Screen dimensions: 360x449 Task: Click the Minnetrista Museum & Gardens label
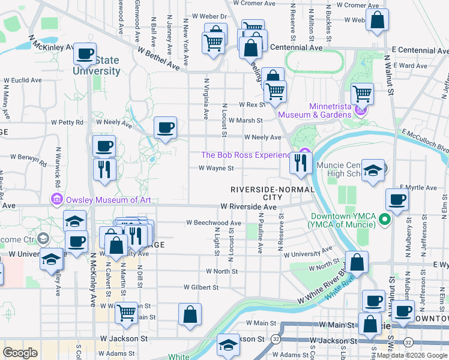point(330,110)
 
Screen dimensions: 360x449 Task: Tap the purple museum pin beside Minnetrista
point(360,110)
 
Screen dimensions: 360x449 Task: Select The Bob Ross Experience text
point(246,155)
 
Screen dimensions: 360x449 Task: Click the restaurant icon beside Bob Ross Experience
point(301,162)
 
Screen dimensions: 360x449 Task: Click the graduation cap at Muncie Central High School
point(373,170)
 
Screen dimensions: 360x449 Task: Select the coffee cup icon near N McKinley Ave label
point(85,53)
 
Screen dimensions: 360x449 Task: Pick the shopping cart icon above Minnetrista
point(362,93)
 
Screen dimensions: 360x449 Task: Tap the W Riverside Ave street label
point(248,206)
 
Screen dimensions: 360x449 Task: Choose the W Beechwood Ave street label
point(213,223)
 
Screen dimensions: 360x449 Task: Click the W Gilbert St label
point(202,287)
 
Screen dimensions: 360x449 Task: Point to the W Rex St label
point(252,104)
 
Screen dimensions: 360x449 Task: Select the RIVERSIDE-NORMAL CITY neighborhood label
point(256,193)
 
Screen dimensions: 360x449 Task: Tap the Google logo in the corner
point(20,353)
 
